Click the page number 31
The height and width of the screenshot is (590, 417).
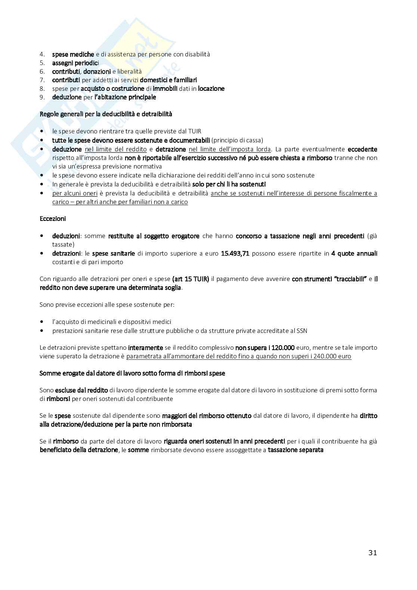coord(372,553)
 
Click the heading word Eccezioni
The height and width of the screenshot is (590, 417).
coord(53,219)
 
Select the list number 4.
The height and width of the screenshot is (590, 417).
coord(42,54)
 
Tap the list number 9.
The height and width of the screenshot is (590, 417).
coord(42,97)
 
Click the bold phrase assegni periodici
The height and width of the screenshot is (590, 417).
coord(75,63)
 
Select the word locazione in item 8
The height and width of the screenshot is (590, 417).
coord(211,89)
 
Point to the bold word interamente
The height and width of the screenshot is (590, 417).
coord(145,347)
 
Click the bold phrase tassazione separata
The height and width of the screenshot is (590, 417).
coord(296,450)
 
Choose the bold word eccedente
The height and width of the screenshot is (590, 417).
coord(362,149)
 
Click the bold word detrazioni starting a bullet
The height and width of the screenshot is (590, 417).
coord(66,253)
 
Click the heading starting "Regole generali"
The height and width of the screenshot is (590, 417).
coord(106,114)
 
